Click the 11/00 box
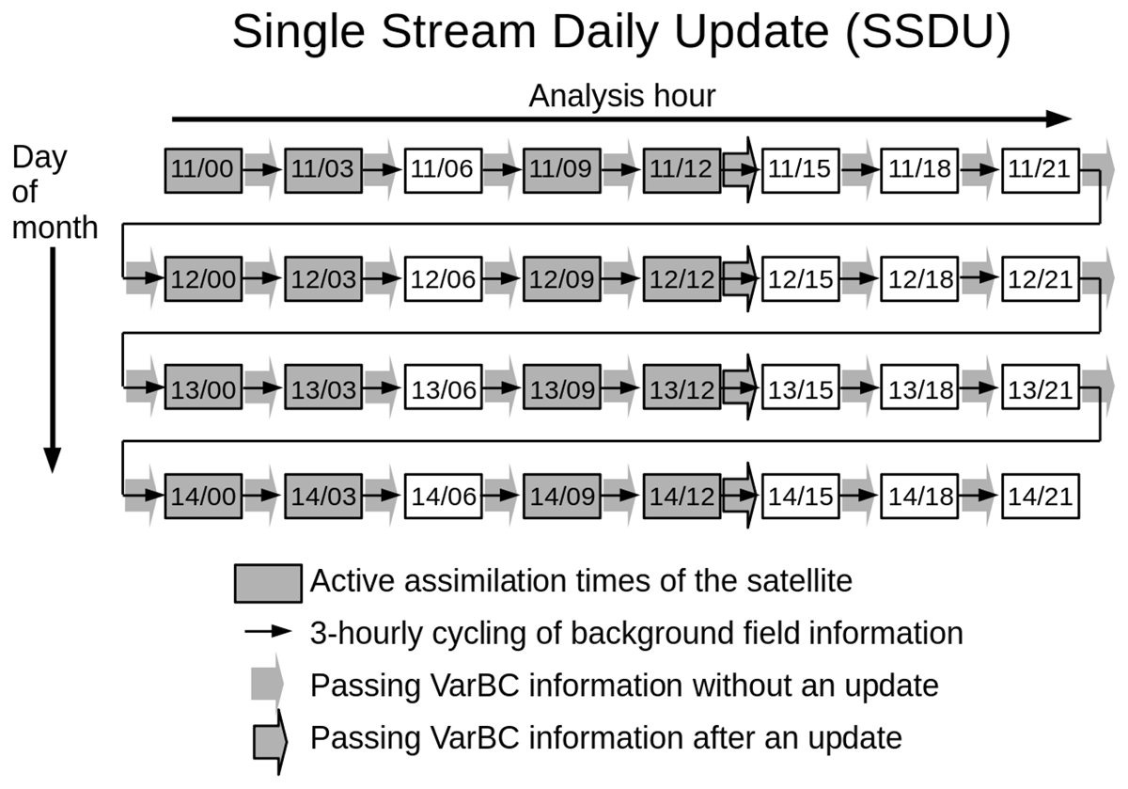pos(203,170)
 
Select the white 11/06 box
pos(443,170)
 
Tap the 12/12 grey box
pos(681,279)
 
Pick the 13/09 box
pos(562,387)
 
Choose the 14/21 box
pos(1041,496)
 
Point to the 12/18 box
pos(919,279)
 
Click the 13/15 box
pos(801,387)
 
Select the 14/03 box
pos(323,496)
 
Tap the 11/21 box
pos(1041,170)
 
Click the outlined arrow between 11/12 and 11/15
pos(741,170)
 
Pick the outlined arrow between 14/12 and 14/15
pos(741,496)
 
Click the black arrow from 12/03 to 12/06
pos(383,278)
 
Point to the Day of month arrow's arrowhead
pos(53,460)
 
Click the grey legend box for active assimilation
pos(269,583)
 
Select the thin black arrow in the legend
pos(268,631)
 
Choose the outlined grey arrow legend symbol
pos(270,742)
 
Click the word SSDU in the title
pos(927,31)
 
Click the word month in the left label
pos(55,228)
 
